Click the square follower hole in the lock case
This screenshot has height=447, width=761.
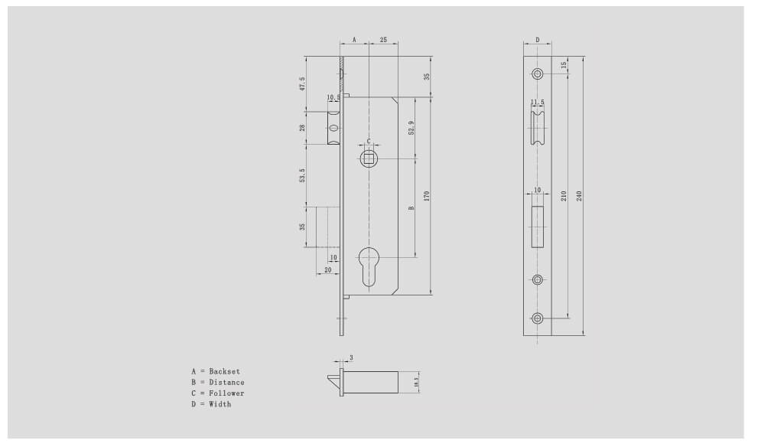369,159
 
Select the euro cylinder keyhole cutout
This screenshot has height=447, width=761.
369,264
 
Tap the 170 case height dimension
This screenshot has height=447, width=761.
427,196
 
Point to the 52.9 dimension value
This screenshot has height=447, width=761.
411,128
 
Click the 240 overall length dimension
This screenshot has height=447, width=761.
579,196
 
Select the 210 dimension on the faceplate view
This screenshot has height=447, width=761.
564,196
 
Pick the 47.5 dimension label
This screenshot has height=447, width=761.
303,83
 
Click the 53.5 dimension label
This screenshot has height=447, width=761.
303,175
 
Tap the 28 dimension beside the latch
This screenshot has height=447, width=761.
303,128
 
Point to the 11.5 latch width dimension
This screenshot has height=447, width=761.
538,102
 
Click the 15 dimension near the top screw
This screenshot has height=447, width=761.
564,65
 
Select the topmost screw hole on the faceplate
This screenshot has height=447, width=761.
538,73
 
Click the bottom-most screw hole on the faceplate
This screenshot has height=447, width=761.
538,318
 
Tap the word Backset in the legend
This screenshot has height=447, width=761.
225,371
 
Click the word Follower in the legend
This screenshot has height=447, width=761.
227,393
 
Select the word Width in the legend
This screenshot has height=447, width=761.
220,404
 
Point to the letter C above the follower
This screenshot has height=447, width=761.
369,142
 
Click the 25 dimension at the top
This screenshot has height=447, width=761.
382,38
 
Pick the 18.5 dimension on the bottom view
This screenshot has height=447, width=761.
416,381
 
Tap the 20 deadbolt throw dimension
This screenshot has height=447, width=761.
328,269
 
